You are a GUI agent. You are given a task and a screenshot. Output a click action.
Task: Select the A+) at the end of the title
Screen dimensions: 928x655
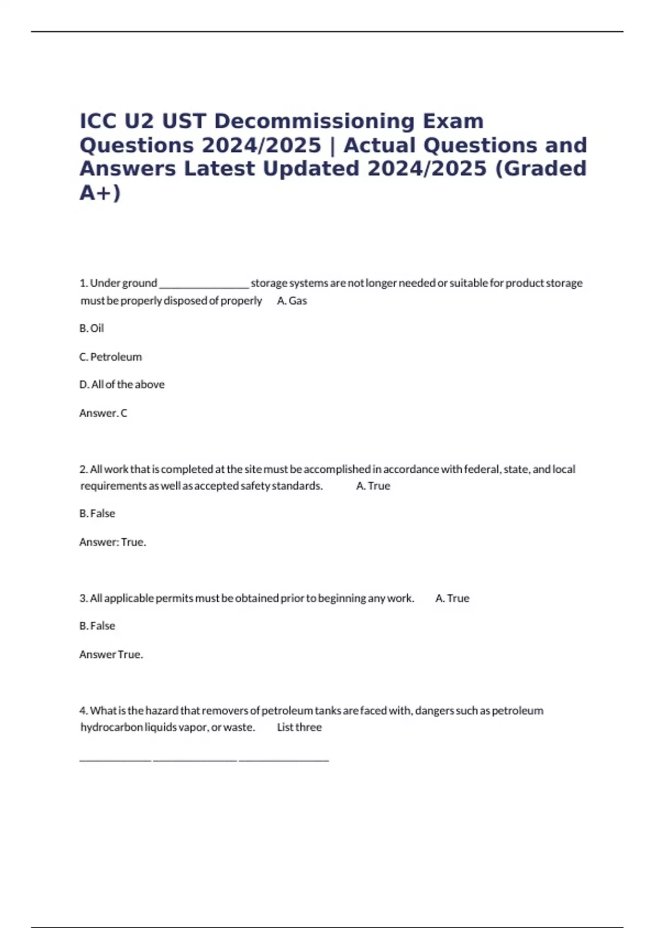click(x=100, y=193)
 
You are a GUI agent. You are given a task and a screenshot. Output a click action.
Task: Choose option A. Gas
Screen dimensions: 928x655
click(x=292, y=301)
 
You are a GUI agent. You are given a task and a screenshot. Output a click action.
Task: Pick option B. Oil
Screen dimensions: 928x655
click(x=92, y=328)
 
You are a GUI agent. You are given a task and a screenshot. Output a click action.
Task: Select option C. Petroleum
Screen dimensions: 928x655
click(x=110, y=357)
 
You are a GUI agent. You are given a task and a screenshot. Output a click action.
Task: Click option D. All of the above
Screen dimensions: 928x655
click(x=122, y=385)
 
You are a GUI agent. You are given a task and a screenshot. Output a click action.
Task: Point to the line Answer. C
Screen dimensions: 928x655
click(x=103, y=413)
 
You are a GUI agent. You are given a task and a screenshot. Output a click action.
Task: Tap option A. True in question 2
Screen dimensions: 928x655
click(x=373, y=486)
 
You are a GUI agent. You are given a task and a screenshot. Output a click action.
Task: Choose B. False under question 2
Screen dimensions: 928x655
click(x=97, y=514)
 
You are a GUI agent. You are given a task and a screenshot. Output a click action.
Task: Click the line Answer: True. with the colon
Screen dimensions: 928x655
click(x=112, y=542)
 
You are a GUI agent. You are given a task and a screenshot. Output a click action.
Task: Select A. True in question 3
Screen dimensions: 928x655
click(x=452, y=598)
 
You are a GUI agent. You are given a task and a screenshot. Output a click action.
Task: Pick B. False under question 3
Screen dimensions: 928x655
click(x=97, y=626)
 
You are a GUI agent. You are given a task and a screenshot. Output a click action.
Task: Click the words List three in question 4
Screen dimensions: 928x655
click(x=299, y=727)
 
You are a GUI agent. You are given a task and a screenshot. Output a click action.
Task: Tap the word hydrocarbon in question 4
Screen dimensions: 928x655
click(x=111, y=727)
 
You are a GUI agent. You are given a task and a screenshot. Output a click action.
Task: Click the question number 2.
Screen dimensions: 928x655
click(x=84, y=469)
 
